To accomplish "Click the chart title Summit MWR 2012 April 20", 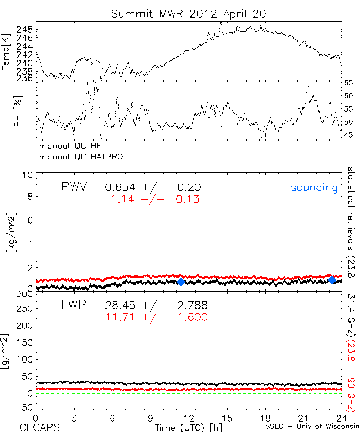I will pos(188,14).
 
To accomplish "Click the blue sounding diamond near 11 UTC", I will pos(181,282).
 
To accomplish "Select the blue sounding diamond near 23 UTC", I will pos(332,280).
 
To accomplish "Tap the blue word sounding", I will pos(314,188).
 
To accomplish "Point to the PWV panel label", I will pos(74,187).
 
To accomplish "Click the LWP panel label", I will pos(74,305).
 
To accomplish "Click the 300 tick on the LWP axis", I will pos(27,294).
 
